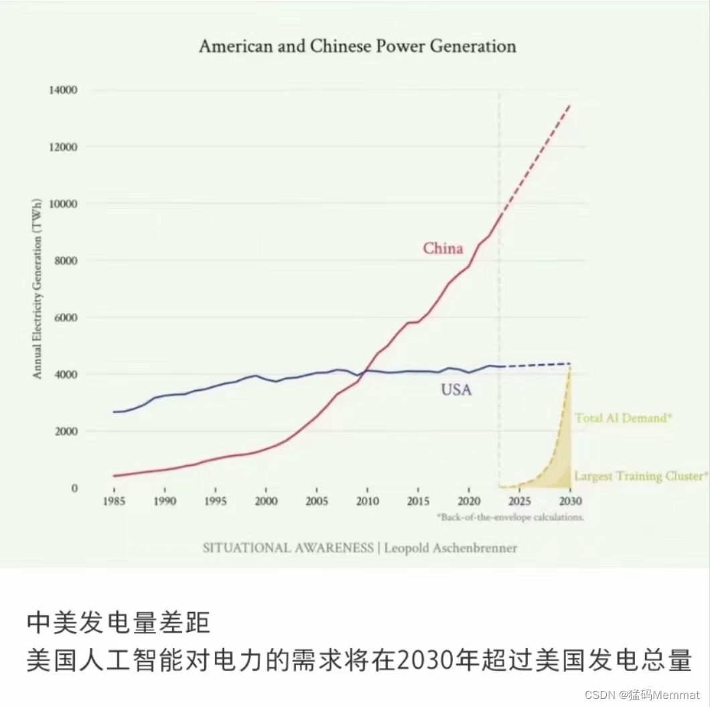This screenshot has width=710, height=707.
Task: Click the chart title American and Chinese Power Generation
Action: (x=358, y=46)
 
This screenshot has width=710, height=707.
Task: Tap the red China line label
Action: (x=443, y=248)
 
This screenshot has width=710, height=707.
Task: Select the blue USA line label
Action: (x=456, y=390)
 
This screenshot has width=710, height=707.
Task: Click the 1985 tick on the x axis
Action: (x=115, y=501)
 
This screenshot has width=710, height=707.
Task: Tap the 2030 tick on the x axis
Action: (x=569, y=501)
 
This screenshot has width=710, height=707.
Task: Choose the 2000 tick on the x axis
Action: (x=266, y=501)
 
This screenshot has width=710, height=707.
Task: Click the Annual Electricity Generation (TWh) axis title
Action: (x=38, y=289)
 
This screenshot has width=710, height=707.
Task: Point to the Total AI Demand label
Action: (x=623, y=418)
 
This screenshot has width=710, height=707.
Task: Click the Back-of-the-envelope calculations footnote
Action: (x=510, y=518)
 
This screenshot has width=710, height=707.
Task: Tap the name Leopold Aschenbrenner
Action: (x=451, y=548)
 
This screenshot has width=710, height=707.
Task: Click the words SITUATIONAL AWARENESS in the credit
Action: (x=288, y=548)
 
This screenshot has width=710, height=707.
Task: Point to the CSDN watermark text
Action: (x=599, y=694)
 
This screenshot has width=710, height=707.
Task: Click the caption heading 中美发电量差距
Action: (x=119, y=623)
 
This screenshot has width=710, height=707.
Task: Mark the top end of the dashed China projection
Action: (x=570, y=104)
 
